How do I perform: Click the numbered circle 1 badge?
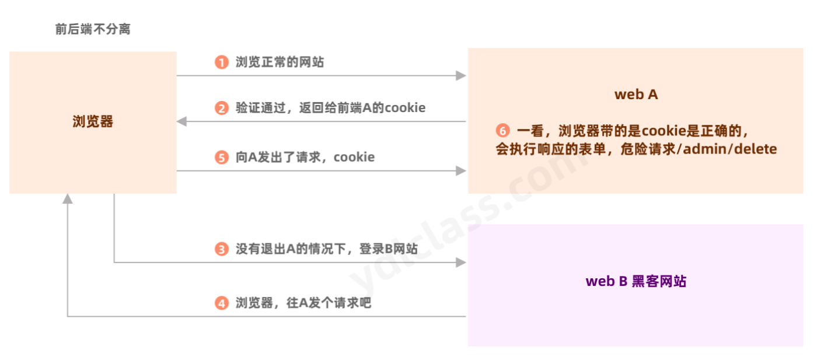221,62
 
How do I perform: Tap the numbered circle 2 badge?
221,109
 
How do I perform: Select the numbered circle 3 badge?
221,249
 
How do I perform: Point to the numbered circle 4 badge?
221,303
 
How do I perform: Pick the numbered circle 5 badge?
221,158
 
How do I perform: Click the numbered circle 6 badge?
502,131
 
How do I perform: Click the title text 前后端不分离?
93,29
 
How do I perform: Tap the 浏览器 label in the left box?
93,121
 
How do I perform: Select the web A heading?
636,95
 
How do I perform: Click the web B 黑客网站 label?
636,281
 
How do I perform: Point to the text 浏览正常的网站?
280,62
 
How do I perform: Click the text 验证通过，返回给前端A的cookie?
330,108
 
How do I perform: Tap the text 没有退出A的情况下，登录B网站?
326,249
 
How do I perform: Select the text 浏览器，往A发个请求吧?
303,303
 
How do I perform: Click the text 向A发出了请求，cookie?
305,158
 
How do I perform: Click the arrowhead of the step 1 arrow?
461,75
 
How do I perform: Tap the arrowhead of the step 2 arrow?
182,121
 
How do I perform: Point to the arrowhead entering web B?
461,263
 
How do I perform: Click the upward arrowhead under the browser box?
68,199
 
